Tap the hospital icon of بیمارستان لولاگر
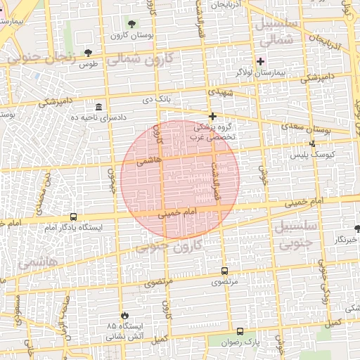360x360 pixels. pyautogui.click(x=260, y=61)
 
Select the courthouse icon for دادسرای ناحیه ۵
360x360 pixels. pyautogui.click(x=98, y=107)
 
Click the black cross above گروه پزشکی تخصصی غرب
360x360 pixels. pyautogui.click(x=212, y=116)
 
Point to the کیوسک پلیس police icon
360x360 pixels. pyautogui.click(x=313, y=144)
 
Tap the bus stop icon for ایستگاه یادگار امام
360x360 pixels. pyautogui.click(x=74, y=217)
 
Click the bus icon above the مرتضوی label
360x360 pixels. pyautogui.click(x=224, y=271)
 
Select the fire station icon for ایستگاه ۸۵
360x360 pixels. pyautogui.click(x=125, y=316)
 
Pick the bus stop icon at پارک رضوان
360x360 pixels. pyautogui.click(x=240, y=331)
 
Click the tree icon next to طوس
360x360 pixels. pyautogui.click(x=88, y=53)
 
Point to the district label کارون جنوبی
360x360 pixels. pyautogui.click(x=166, y=246)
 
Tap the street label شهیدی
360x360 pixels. pyautogui.click(x=214, y=92)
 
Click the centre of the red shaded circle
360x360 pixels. pyautogui.click(x=180, y=179)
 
